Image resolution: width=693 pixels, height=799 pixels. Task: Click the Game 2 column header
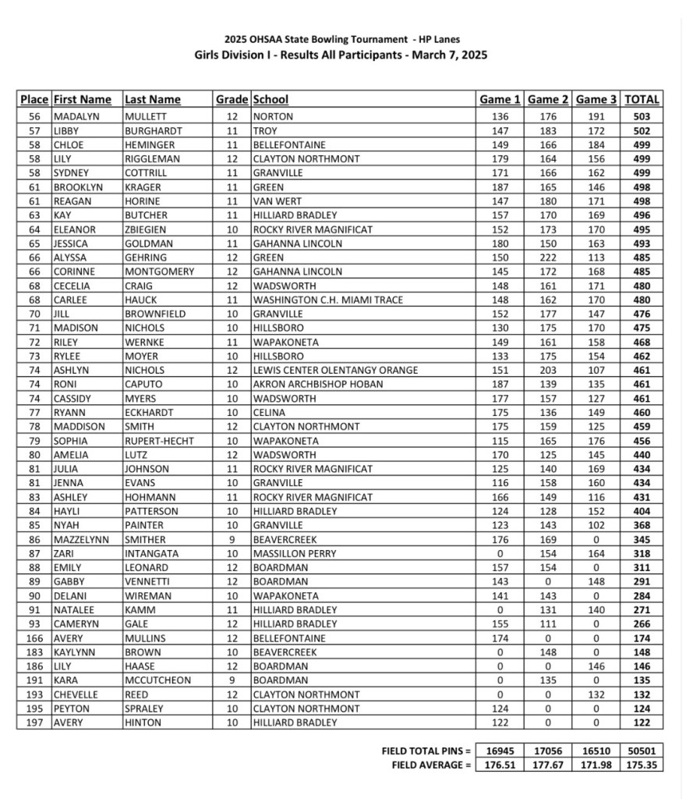point(548,100)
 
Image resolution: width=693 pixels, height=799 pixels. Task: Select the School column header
point(270,100)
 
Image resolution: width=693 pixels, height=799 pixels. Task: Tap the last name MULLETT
point(144,117)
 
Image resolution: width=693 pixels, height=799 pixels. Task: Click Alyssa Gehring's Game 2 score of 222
point(548,257)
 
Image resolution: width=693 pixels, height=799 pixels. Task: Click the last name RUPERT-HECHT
point(160,441)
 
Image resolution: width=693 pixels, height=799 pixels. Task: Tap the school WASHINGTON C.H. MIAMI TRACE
point(327,300)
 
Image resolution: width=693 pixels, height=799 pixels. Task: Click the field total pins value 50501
point(642,751)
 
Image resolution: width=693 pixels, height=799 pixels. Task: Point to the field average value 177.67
point(548,765)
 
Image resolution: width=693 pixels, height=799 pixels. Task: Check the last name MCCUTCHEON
point(157,680)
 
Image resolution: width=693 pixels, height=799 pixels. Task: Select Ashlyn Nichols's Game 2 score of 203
point(548,371)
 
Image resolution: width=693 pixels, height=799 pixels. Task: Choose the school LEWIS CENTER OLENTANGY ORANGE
point(335,371)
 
